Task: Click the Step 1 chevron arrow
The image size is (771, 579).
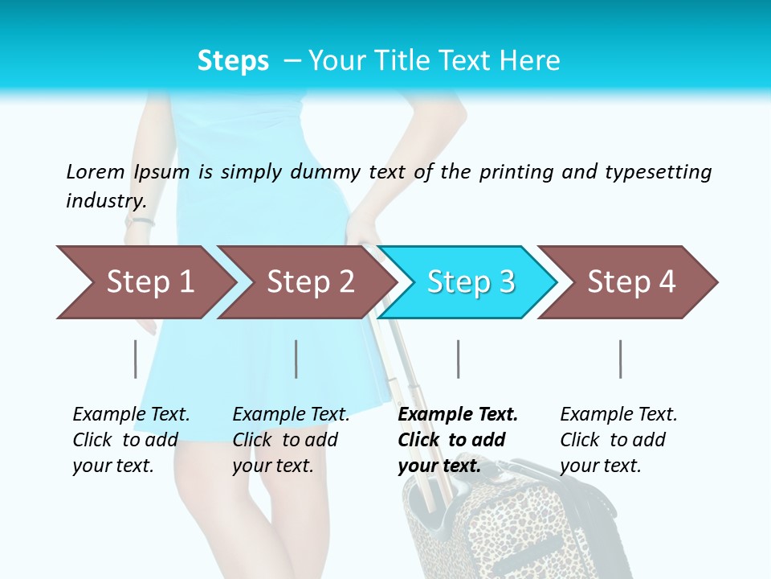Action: coord(149,282)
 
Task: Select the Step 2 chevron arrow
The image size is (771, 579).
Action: coord(309,282)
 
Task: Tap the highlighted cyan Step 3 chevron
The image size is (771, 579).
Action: coord(470,282)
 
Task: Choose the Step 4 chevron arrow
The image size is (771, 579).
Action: coord(630,282)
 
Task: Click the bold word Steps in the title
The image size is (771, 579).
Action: coord(233,61)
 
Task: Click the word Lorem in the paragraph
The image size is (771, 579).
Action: coord(96,172)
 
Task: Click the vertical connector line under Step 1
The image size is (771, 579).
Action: coord(135,359)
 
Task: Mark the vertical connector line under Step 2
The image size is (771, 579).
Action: coord(296,359)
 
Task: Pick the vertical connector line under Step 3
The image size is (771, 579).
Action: coord(458,359)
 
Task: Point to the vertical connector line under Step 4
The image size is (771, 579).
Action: coord(620,359)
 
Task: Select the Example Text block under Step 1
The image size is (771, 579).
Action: coord(131,440)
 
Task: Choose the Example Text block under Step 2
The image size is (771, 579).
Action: coord(291,440)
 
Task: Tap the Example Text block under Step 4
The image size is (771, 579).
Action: coord(618,440)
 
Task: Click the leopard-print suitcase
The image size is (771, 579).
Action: coord(514,531)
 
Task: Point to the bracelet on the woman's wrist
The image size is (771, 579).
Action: coord(139,221)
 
